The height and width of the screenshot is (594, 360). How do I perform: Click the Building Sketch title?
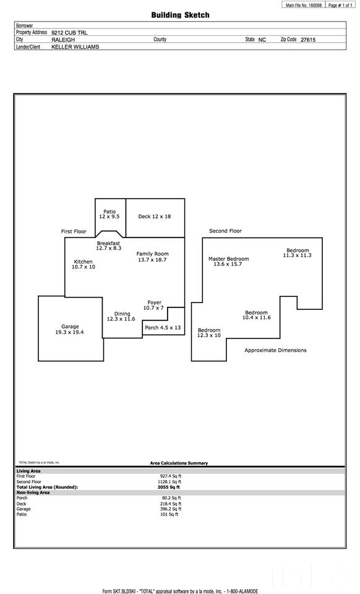tap(180, 15)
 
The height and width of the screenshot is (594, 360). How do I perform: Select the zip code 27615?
tap(308, 40)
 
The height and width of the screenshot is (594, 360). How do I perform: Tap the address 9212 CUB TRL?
tap(69, 33)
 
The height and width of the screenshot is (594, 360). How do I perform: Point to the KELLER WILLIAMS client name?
tap(75, 46)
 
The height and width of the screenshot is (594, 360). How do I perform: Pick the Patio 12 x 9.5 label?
tap(109, 214)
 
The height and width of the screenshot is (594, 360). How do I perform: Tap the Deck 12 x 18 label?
tap(155, 217)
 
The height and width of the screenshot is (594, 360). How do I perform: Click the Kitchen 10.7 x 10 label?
tap(84, 264)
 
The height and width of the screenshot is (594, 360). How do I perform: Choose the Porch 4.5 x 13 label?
tap(163, 327)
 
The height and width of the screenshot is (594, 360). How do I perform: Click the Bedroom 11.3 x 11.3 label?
tap(298, 252)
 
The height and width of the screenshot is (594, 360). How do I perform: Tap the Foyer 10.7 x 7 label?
tap(154, 305)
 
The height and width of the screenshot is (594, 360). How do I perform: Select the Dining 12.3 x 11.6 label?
tap(121, 316)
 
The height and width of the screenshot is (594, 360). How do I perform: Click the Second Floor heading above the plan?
tap(225, 231)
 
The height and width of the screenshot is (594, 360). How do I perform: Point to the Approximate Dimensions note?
tap(276, 350)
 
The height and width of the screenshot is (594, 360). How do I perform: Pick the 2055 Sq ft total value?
tap(169, 487)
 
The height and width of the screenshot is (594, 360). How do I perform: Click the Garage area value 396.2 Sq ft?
tap(171, 509)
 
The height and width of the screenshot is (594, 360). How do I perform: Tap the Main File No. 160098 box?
tap(303, 6)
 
